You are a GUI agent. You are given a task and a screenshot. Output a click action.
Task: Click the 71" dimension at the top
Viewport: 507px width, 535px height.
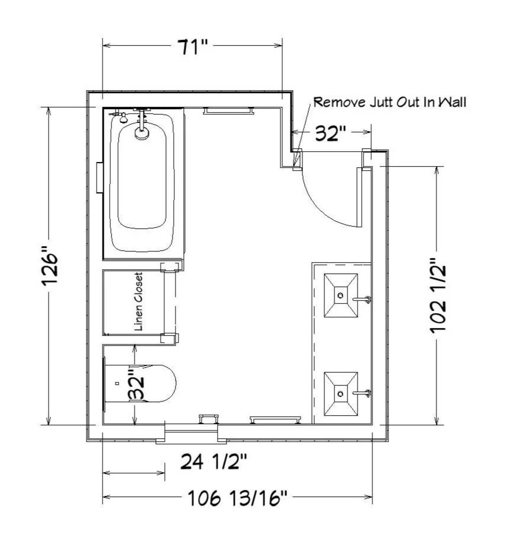coord(193,46)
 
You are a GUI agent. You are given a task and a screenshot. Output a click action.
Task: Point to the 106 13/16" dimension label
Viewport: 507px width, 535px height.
coord(237,498)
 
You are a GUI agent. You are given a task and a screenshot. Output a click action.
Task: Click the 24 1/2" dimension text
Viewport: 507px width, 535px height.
coord(213,462)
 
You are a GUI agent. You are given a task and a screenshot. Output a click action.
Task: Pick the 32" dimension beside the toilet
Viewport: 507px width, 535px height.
coord(136,383)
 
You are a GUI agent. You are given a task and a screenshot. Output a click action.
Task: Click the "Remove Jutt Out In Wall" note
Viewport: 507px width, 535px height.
coord(390,101)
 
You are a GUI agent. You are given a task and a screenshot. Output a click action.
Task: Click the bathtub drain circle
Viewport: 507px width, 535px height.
coord(142,132)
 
